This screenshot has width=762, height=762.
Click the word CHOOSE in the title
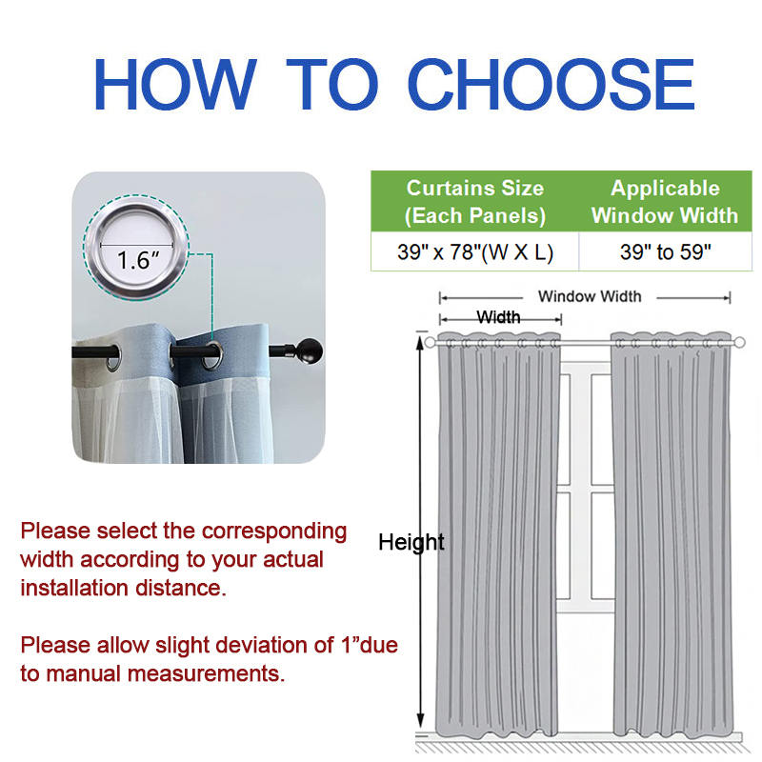click(x=551, y=84)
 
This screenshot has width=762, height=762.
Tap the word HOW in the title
click(x=175, y=84)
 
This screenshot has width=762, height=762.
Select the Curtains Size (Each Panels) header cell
click(x=474, y=201)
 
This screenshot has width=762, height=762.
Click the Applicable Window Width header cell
click(x=665, y=201)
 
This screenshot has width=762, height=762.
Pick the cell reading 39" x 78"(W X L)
click(x=474, y=251)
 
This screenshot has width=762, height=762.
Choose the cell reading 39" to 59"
click(x=665, y=251)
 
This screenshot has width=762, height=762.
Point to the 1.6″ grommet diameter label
click(x=138, y=260)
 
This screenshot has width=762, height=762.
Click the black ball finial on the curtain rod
click(x=310, y=351)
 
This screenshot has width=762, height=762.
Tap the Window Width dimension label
click(x=590, y=296)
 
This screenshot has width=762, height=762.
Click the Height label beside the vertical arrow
click(x=411, y=542)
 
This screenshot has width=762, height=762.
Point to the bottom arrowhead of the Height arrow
click(x=420, y=721)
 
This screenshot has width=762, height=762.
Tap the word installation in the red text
click(x=74, y=588)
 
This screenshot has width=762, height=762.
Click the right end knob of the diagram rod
click(x=739, y=343)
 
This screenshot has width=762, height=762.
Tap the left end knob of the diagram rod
click(x=430, y=343)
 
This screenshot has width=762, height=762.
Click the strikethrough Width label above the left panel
click(x=498, y=317)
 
